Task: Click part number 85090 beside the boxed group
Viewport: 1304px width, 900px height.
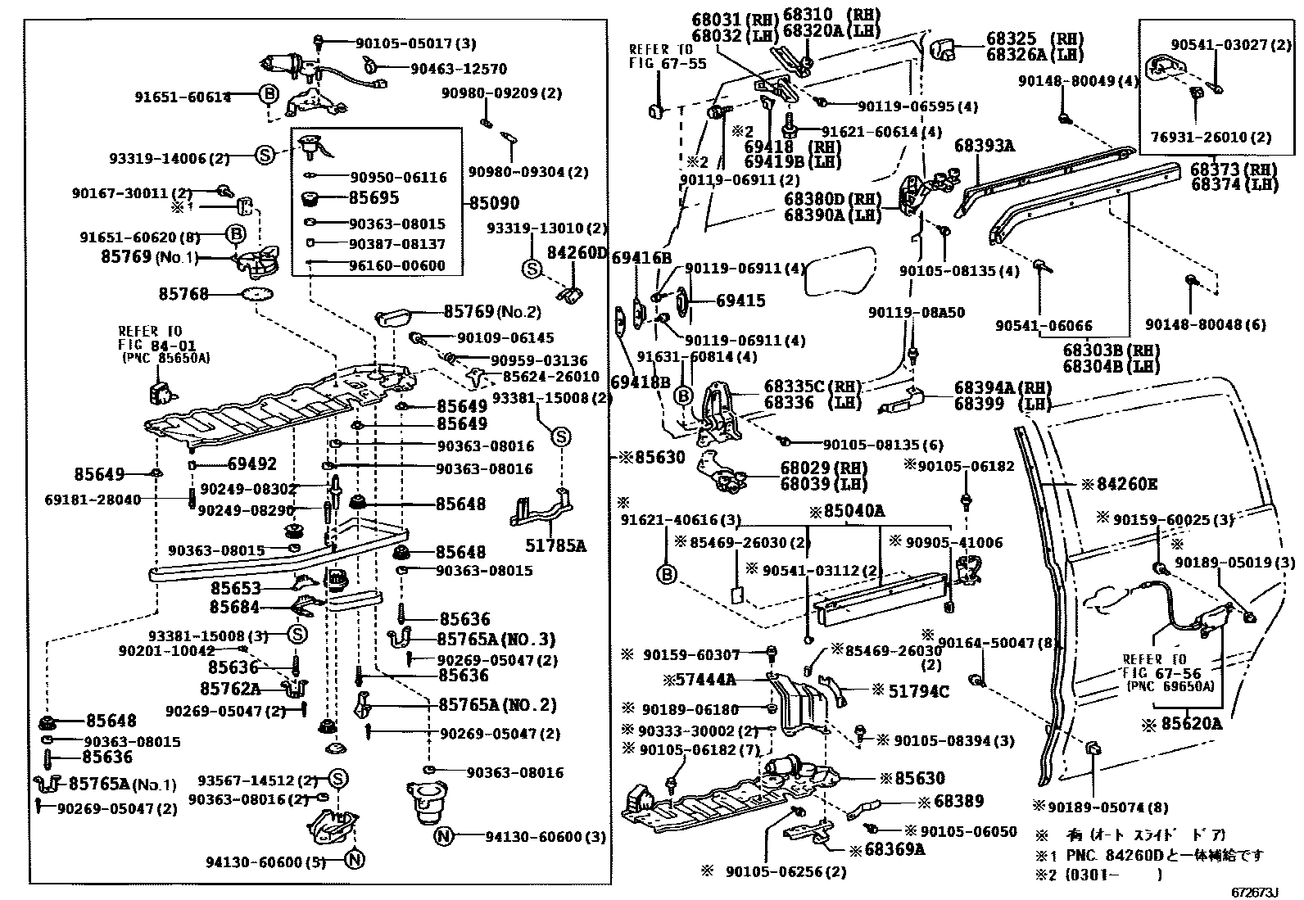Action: point(493,202)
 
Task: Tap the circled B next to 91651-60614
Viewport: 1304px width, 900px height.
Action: point(269,95)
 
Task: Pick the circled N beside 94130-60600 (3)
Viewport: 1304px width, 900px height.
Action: point(443,836)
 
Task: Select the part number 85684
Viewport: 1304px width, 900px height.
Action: point(234,607)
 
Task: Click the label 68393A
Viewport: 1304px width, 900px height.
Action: point(984,146)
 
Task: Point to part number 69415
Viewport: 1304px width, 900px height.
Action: point(740,301)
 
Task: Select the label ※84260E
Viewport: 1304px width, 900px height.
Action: point(1119,484)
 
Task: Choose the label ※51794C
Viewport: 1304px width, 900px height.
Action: point(910,691)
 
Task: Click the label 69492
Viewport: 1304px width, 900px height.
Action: point(251,464)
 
